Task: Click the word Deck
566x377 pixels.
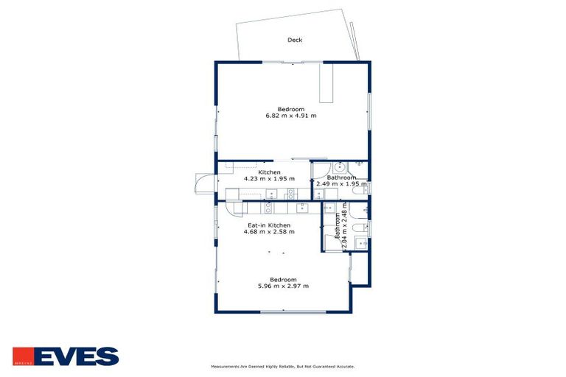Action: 295,40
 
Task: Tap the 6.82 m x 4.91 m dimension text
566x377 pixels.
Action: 291,116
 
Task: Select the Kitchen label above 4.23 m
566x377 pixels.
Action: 269,172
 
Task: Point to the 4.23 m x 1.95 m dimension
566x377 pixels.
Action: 269,179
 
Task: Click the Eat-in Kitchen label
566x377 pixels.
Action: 269,225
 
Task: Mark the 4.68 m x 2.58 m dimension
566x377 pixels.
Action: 269,232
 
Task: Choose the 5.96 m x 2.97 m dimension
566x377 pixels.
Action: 283,286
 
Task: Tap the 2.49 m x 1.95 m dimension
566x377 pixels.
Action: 342,184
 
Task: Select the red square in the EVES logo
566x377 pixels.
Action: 22,356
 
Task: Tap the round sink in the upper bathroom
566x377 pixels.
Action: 340,167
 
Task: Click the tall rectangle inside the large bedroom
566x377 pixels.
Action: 326,82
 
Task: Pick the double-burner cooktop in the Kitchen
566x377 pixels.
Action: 290,194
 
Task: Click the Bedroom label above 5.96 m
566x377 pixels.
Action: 283,279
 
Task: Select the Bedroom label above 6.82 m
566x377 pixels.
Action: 291,109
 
